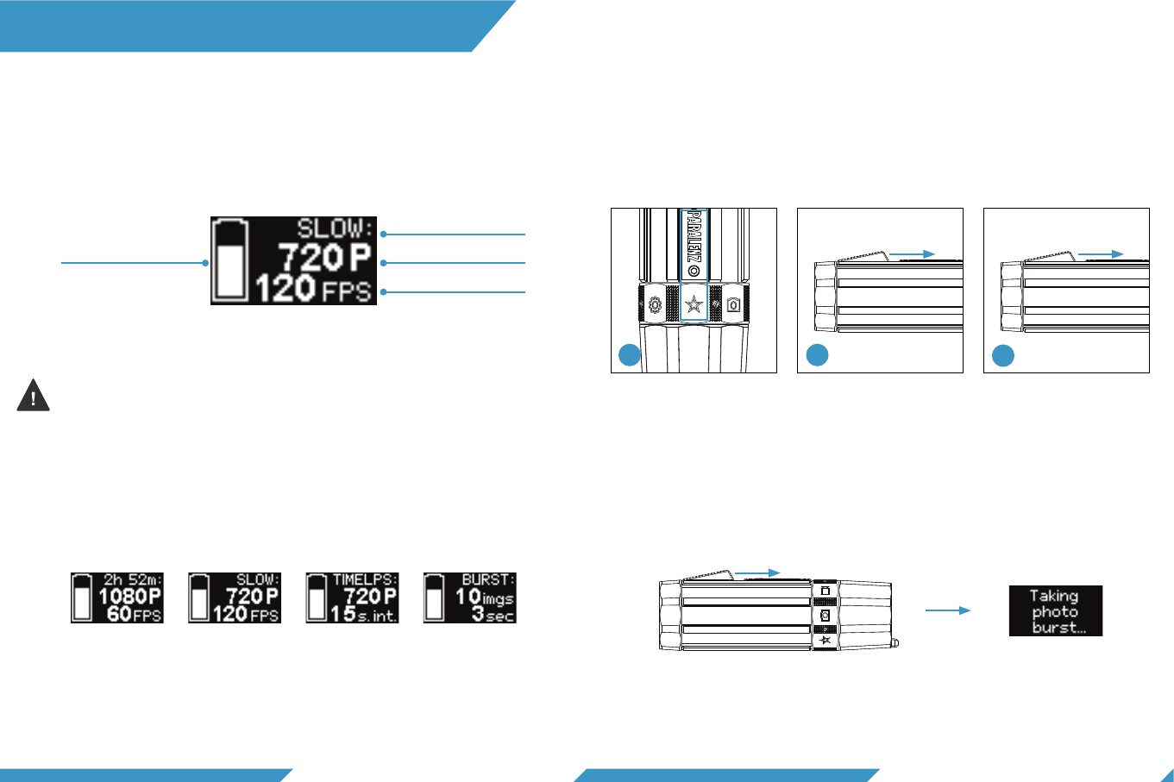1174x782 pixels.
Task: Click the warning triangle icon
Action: point(34,396)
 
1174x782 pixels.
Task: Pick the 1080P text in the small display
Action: point(129,596)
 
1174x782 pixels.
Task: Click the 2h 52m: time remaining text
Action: point(132,580)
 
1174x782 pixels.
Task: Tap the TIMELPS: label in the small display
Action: point(364,580)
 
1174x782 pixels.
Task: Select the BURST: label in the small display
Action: point(487,580)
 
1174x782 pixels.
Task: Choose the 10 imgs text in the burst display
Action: point(484,597)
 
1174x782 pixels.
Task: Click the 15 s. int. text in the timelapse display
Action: point(363,614)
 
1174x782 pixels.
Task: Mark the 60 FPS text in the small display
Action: point(134,614)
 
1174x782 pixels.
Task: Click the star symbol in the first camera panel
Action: point(694,304)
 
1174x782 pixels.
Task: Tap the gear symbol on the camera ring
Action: point(654,304)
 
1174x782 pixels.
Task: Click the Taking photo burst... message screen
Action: point(1056,611)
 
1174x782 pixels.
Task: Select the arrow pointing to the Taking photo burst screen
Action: point(947,610)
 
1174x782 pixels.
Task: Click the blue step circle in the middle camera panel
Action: point(817,355)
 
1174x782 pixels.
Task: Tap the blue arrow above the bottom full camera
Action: point(757,572)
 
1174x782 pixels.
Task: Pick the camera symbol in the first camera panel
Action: point(733,304)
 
